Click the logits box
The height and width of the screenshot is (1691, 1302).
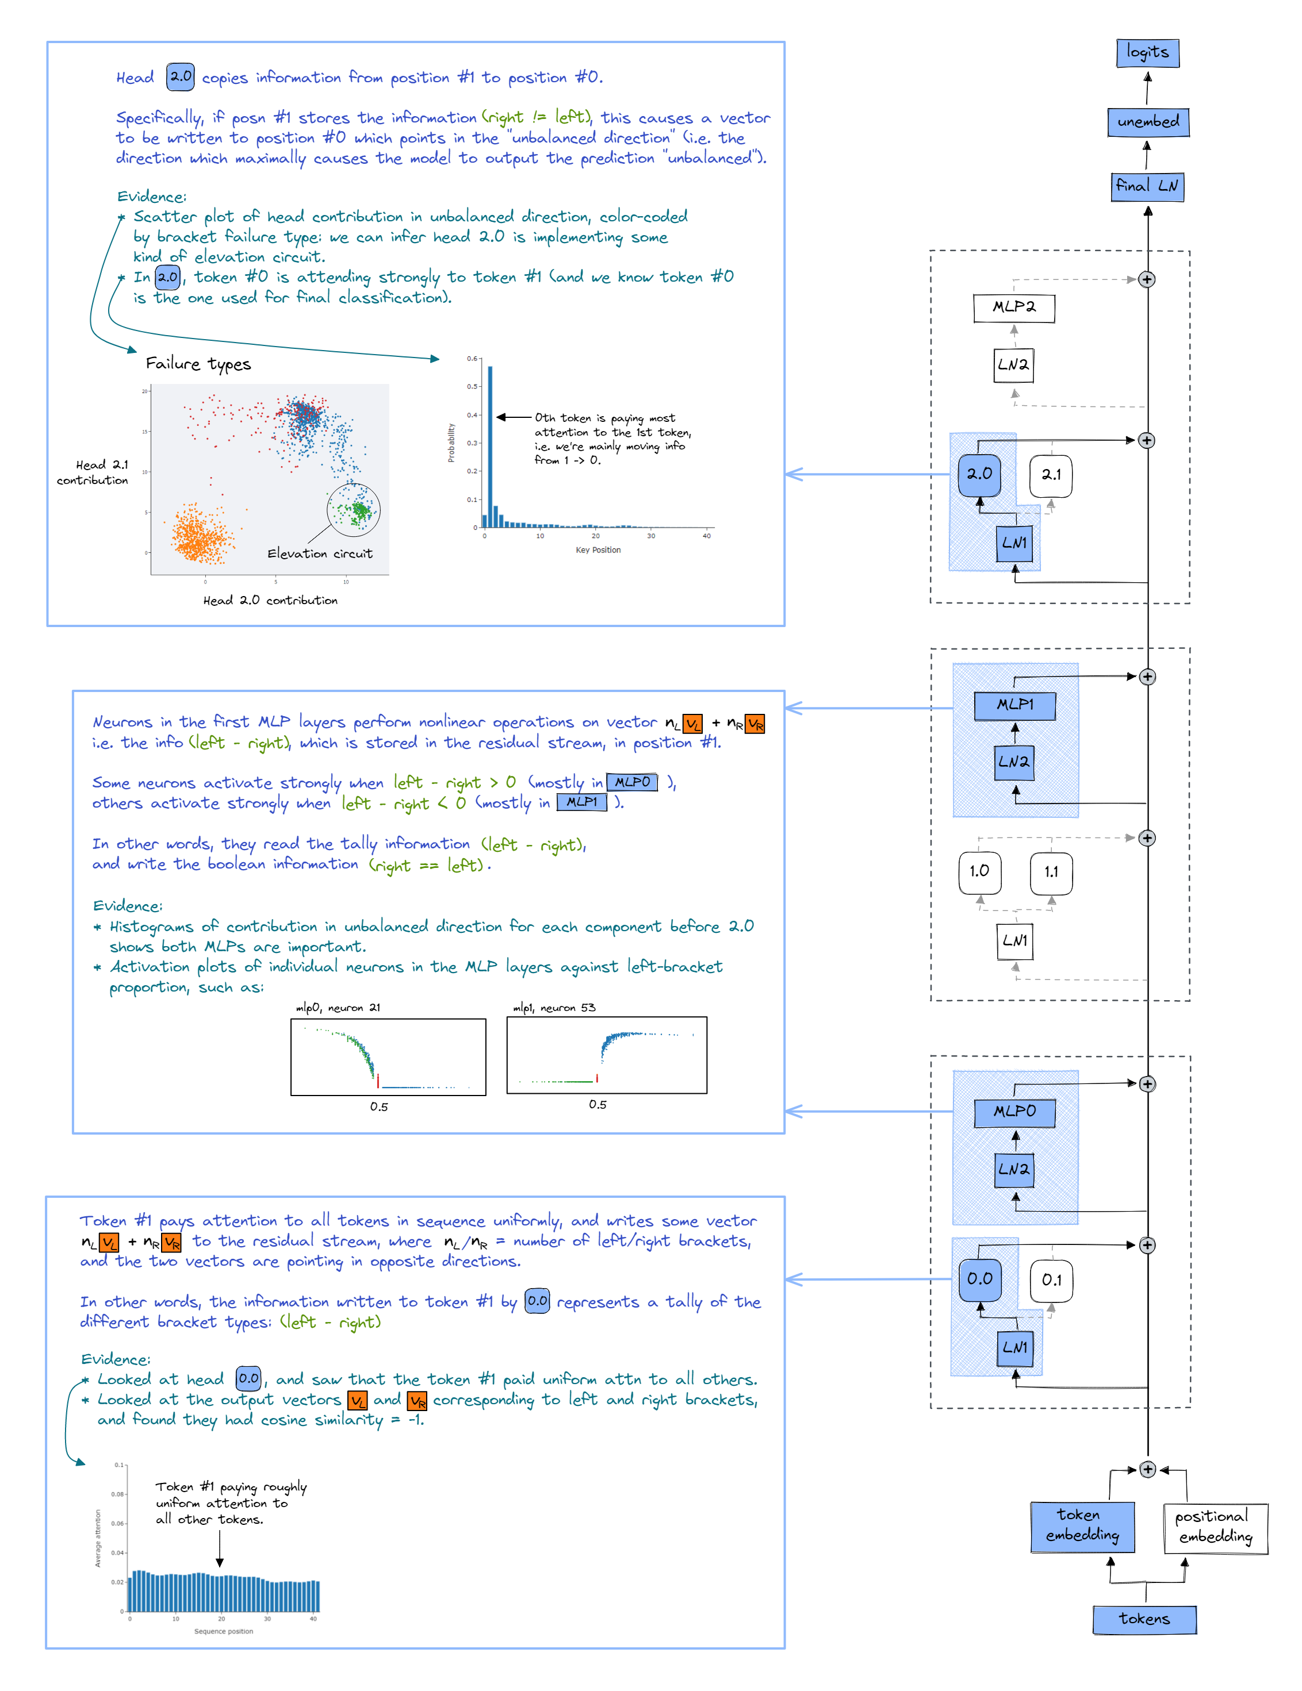(x=1147, y=53)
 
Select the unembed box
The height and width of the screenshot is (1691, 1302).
(x=1147, y=121)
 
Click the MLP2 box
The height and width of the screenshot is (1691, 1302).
(x=1013, y=308)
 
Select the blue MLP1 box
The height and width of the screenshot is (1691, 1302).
(x=1014, y=705)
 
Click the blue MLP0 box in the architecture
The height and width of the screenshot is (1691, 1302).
(x=1014, y=1112)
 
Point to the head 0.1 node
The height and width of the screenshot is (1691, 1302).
(x=1051, y=1281)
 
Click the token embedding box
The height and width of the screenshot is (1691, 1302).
(x=1082, y=1526)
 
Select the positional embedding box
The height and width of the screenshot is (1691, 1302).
(x=1215, y=1527)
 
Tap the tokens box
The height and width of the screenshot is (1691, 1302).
(x=1144, y=1619)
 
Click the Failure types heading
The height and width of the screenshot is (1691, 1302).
(x=198, y=364)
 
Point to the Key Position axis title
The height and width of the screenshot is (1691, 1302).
(x=598, y=551)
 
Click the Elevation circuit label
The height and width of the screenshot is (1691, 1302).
(x=320, y=554)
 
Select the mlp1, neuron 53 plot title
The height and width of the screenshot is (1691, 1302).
(x=554, y=1008)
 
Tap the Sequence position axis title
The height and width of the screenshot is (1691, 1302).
(x=223, y=1631)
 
